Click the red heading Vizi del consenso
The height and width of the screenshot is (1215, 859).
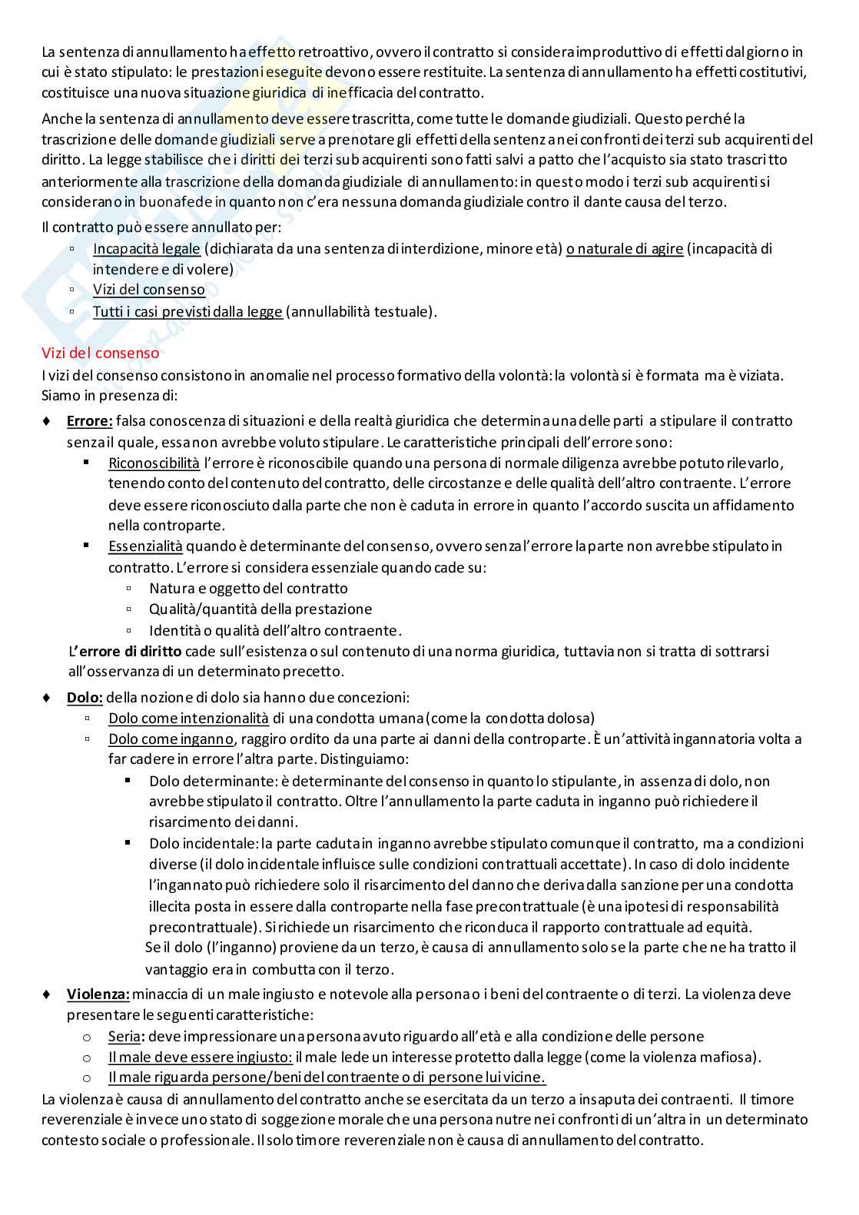[101, 354]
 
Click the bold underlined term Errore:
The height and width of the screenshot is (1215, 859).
[90, 421]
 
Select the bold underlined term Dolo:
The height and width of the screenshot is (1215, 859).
[85, 698]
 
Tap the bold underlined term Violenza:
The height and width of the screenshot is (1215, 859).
[98, 994]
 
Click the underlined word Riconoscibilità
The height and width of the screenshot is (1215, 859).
[154, 463]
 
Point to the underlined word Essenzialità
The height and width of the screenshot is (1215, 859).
[145, 546]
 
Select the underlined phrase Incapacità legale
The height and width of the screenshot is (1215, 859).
[147, 249]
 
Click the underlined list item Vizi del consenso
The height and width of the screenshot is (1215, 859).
[149, 290]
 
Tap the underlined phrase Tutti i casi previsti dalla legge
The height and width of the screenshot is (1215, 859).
[187, 312]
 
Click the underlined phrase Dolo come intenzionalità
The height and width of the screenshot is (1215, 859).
[188, 719]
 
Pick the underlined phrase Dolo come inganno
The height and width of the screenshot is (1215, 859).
[171, 739]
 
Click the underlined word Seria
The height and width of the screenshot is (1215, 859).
[124, 1037]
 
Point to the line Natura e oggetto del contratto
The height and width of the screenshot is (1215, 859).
[248, 589]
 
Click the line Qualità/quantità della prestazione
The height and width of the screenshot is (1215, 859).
[260, 609]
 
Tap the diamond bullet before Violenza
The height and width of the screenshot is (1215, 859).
[47, 994]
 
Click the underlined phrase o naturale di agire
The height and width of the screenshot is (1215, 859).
[625, 249]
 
